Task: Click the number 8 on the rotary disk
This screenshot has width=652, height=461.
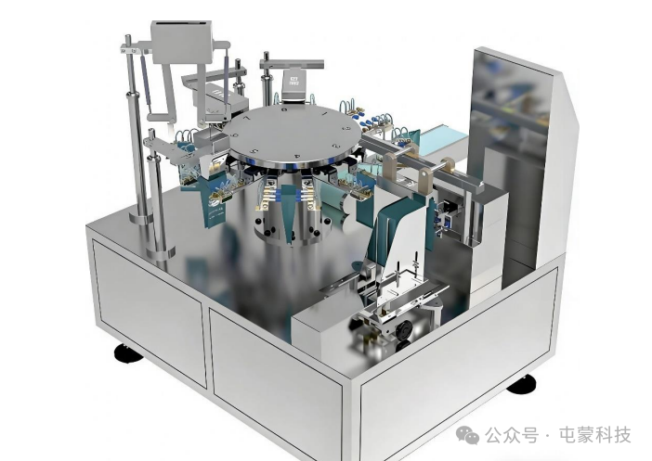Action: point(284,110)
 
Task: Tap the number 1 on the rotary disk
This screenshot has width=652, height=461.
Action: point(325,113)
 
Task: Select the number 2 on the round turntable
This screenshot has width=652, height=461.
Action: point(346,128)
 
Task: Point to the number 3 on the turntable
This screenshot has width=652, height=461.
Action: point(335,147)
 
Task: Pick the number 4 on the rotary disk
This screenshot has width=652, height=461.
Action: point(296,157)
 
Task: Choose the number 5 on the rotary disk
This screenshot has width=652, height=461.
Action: point(256,151)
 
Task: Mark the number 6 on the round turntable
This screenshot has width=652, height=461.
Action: point(236,134)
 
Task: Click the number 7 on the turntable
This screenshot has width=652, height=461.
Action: point(248,118)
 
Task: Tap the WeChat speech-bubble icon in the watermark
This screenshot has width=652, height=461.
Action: point(467,434)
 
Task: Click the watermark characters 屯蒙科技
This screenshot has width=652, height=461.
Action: point(595,435)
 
